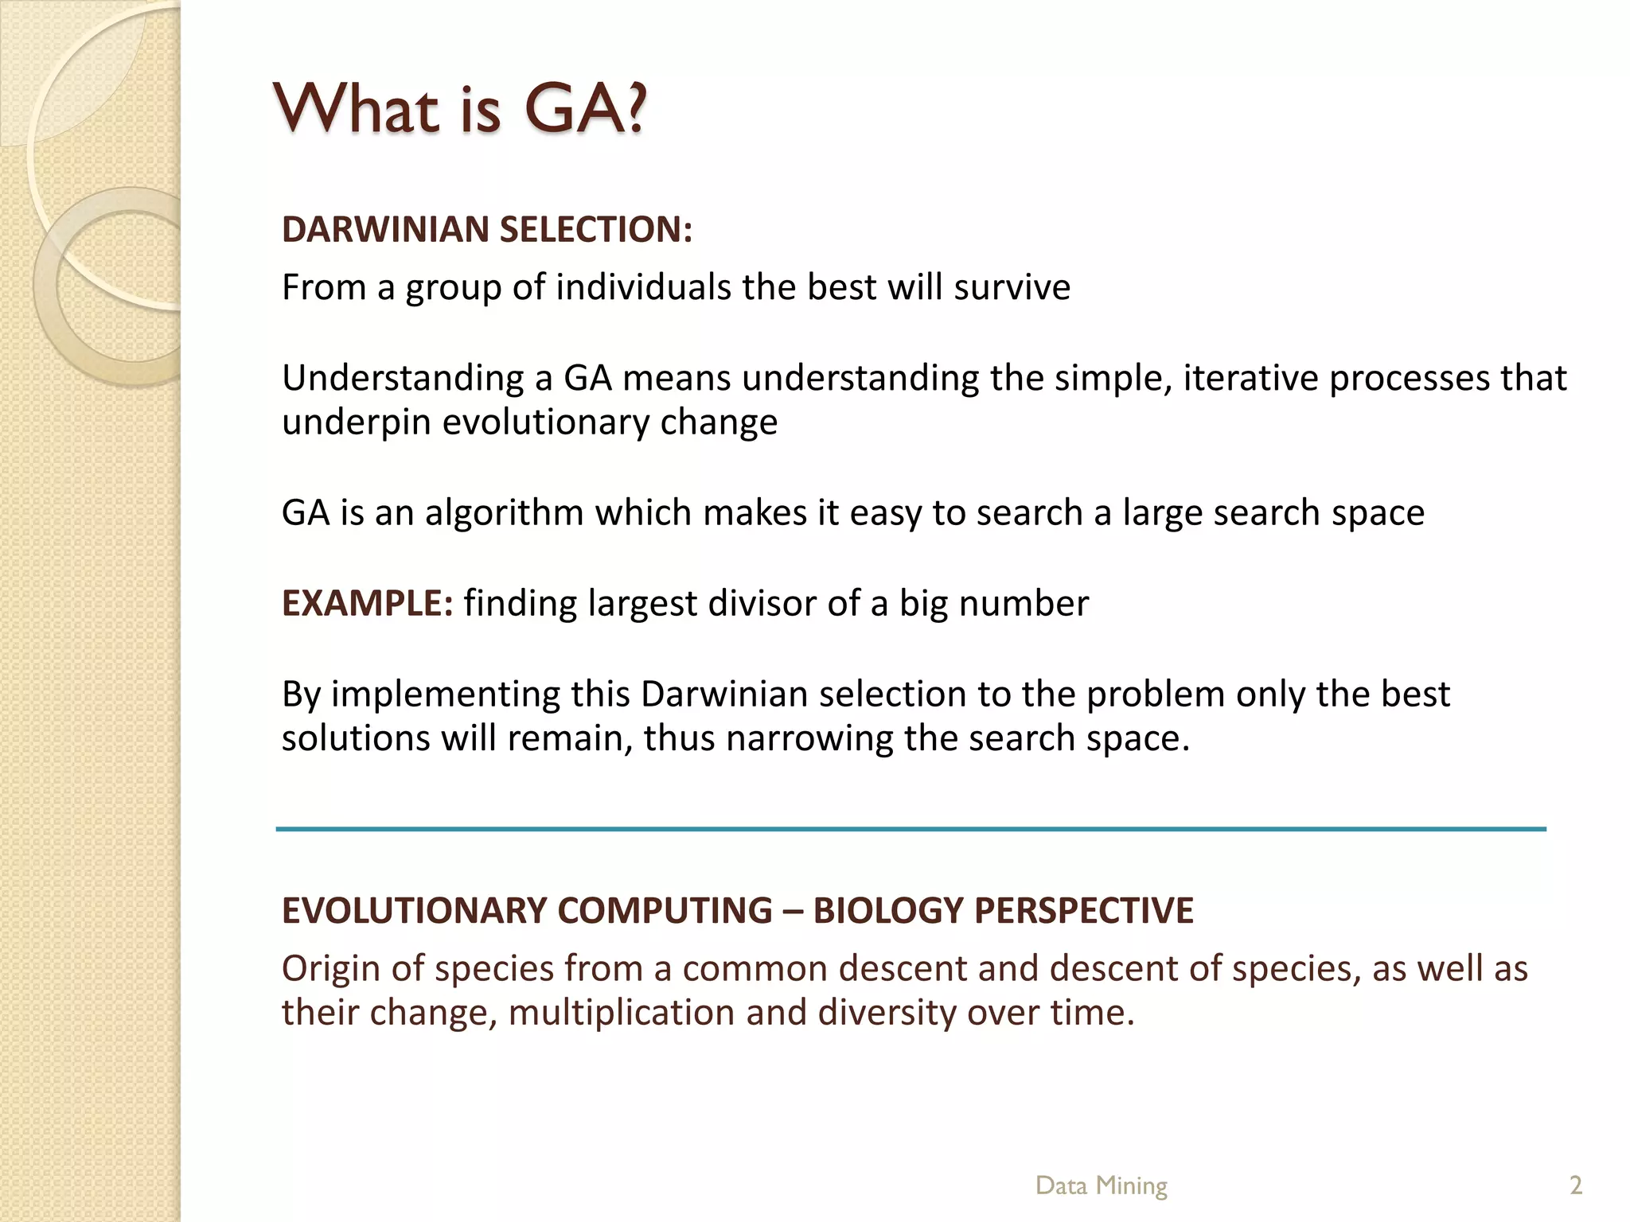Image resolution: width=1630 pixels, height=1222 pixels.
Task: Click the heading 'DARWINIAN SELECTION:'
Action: click(487, 229)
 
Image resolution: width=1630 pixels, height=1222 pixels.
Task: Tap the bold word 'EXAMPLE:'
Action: click(367, 603)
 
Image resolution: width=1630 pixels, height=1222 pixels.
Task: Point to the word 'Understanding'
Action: click(401, 379)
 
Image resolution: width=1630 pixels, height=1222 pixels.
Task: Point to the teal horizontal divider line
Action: click(911, 829)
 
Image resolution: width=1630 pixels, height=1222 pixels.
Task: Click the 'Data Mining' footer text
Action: click(1101, 1185)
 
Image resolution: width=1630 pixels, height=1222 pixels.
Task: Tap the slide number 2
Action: click(1575, 1185)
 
